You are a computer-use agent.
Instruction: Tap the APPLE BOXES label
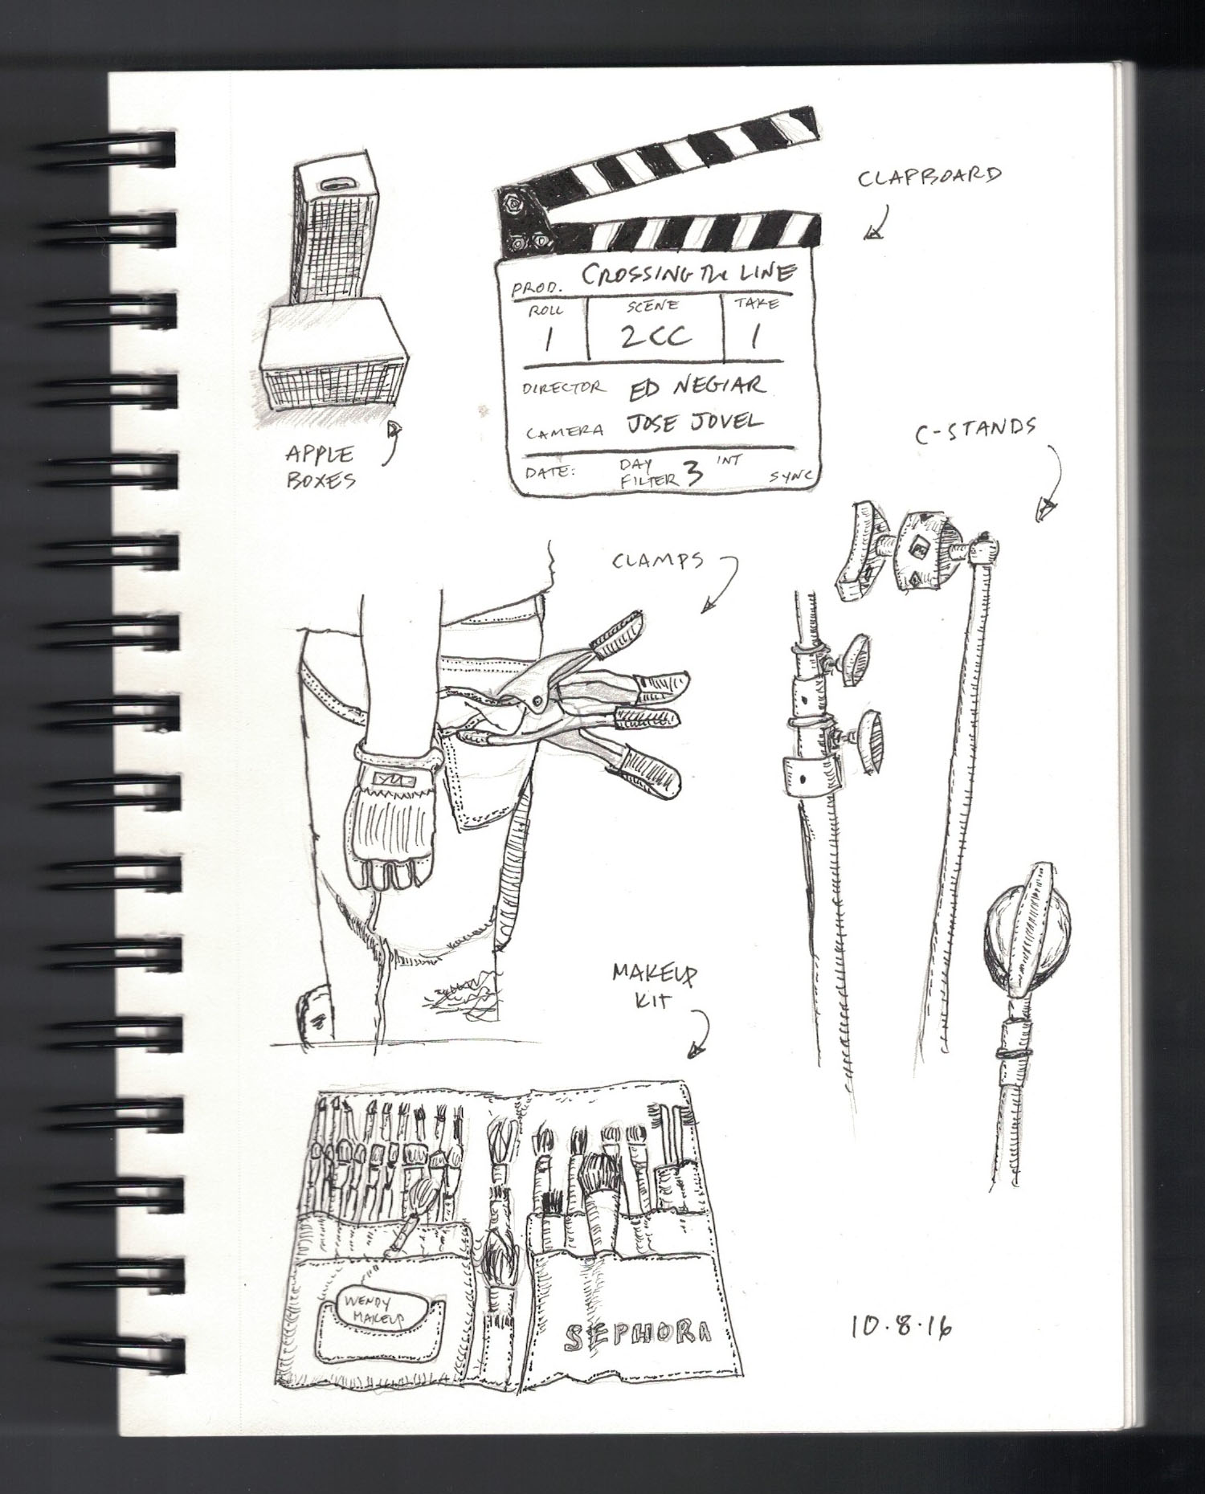click(x=320, y=468)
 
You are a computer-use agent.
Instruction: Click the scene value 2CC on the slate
click(x=655, y=335)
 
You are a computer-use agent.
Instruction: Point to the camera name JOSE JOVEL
click(x=696, y=423)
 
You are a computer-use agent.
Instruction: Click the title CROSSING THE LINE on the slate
click(x=688, y=273)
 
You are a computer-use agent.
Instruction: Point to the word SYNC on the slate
click(x=790, y=476)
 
